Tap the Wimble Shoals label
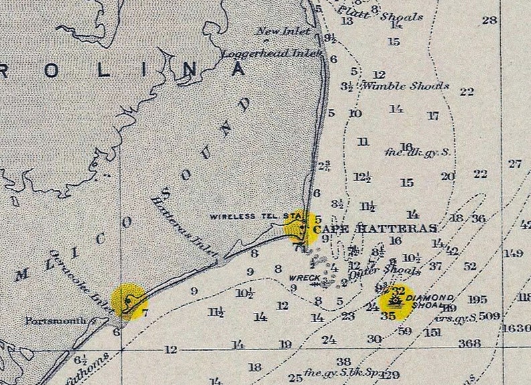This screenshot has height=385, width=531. point(405,86)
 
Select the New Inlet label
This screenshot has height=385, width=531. point(284,31)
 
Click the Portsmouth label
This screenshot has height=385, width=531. point(57,320)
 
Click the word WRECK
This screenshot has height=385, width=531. point(302,277)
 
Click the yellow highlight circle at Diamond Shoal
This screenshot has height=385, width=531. point(397,302)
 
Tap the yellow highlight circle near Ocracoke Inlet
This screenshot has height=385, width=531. point(128,300)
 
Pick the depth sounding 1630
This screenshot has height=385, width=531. point(516,328)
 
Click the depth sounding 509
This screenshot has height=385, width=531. point(489,315)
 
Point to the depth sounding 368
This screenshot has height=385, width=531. point(469,344)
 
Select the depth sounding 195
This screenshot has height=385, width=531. point(477,299)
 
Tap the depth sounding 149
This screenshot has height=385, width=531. point(513,253)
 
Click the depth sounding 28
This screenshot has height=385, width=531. point(490,20)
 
